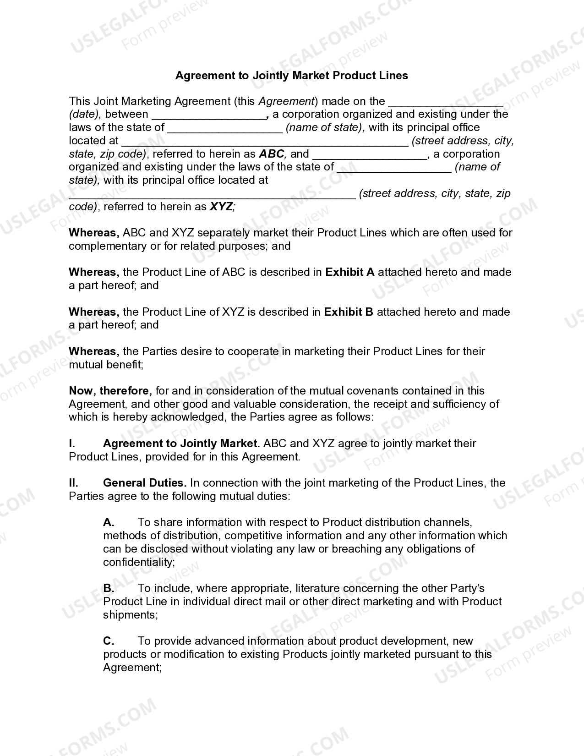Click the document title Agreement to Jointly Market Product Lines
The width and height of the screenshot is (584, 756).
tap(291, 75)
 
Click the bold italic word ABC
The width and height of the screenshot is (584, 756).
tap(272, 153)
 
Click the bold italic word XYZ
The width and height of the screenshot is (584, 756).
tap(221, 207)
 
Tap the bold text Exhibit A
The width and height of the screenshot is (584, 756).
tap(350, 272)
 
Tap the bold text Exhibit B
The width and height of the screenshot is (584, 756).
tap(349, 312)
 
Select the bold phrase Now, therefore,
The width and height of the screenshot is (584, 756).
tap(110, 391)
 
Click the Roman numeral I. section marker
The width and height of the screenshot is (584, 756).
tap(72, 444)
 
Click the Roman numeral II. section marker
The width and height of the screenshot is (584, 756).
tap(73, 483)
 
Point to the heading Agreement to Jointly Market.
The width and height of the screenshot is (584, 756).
tap(181, 444)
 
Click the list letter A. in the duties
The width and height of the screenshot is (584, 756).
tap(109, 522)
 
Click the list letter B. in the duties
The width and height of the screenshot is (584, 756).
tap(109, 588)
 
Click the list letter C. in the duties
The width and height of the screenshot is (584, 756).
tap(109, 641)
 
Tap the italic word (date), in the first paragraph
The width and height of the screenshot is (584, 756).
tap(85, 114)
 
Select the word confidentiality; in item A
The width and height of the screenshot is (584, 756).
tap(139, 562)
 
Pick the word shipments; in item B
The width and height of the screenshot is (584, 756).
tap(131, 615)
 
